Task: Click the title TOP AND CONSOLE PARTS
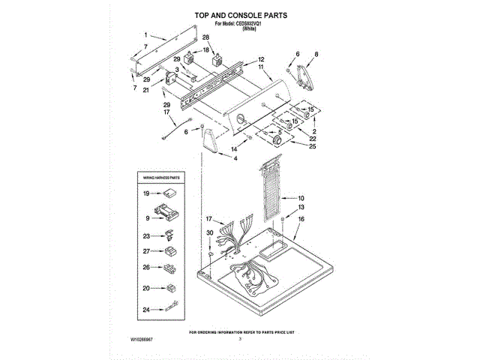240,14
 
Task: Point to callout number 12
261,59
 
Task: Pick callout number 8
316,54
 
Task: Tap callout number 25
313,146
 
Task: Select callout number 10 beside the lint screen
301,198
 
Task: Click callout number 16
301,219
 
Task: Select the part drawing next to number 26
169,268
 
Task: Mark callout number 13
301,207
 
